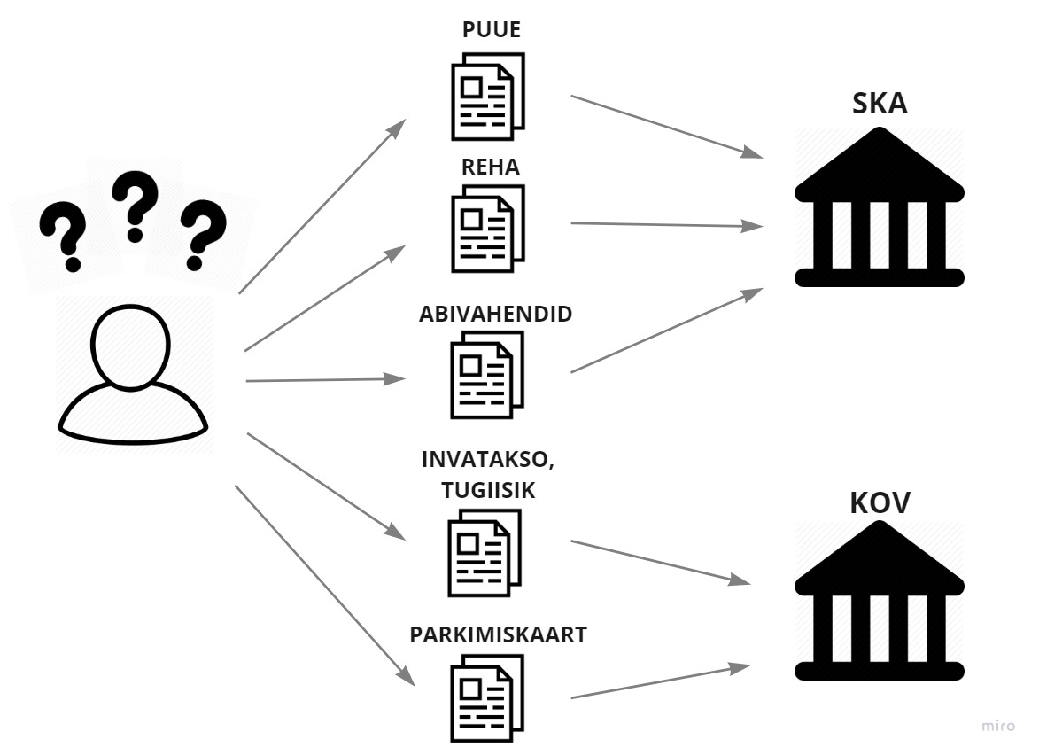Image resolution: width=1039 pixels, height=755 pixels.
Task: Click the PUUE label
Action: point(492,31)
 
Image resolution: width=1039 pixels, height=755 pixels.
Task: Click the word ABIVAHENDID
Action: point(496,315)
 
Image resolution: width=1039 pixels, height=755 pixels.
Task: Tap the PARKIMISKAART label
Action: point(498,635)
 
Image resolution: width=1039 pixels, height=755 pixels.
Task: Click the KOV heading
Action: point(880,503)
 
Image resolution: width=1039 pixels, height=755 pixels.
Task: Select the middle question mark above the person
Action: point(136,206)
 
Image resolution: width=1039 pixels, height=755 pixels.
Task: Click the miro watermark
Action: point(999,726)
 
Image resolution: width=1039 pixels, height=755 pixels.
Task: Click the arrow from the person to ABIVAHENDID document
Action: point(324,380)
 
